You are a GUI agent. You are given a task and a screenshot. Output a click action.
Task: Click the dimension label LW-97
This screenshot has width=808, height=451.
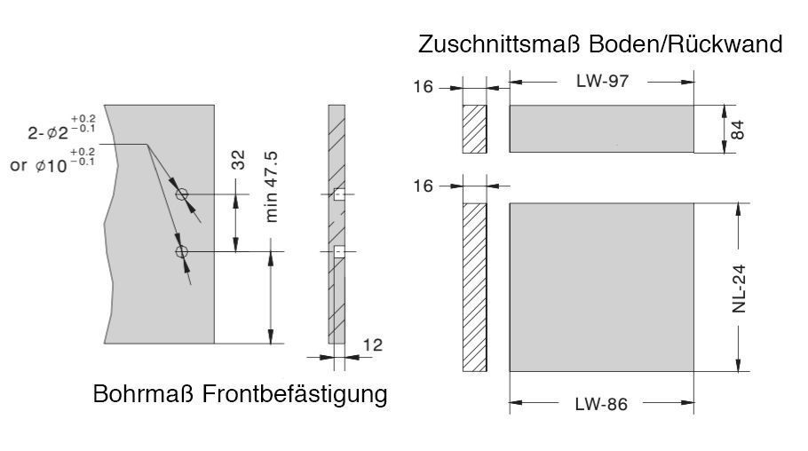click(601, 82)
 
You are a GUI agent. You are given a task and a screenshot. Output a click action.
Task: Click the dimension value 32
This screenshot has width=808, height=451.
click(238, 160)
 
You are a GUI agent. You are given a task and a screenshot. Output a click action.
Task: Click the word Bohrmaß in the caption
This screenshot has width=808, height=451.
click(146, 394)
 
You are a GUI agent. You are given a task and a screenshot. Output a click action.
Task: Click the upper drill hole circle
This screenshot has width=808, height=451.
click(182, 195)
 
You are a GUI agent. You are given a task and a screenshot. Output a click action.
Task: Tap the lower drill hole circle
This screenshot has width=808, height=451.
click(182, 253)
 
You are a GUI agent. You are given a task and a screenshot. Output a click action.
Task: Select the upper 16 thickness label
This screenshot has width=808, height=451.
click(424, 87)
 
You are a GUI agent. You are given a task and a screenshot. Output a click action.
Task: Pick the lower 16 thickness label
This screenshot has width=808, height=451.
click(424, 186)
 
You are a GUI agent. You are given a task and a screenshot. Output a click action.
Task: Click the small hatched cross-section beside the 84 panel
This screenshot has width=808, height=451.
click(474, 129)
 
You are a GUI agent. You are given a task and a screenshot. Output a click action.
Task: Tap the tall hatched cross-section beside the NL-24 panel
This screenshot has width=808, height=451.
click(474, 287)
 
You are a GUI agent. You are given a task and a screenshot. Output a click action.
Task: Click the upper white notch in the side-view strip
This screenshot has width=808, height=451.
click(338, 195)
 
